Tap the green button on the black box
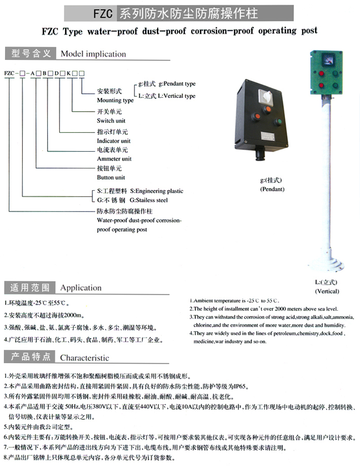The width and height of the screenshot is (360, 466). tap(277, 122)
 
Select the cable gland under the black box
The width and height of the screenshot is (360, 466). tap(262, 153)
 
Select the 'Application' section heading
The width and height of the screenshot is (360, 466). tap(81, 288)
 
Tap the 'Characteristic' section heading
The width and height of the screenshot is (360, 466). tap(85, 357)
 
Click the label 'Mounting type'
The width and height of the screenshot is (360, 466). tap(116, 100)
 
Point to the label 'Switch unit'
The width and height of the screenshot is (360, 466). tap(112, 121)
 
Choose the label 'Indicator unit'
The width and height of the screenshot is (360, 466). tap(114, 140)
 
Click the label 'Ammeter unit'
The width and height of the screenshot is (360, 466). tap(114, 159)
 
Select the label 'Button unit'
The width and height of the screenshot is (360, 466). tap(111, 177)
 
